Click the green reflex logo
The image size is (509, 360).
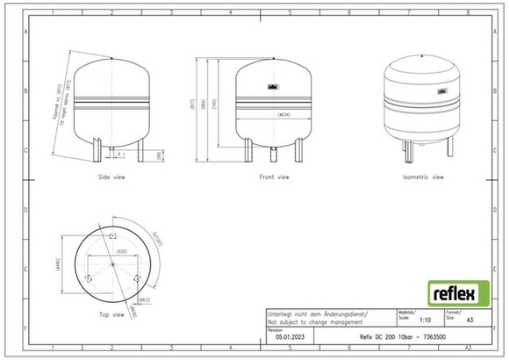(453, 291)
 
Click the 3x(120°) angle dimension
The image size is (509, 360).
(158, 237)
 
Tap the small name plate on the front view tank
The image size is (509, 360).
(274, 85)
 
